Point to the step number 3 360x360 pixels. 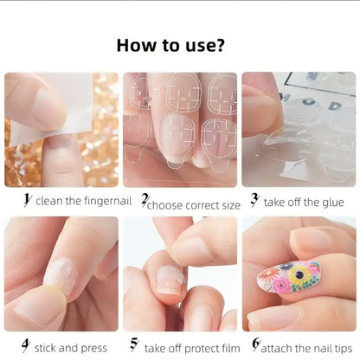pos(254,200)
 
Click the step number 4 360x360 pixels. pos(26,346)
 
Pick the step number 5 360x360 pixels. pos(134,346)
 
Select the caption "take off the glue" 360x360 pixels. pos(304,202)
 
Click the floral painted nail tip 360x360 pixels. pos(287,282)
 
